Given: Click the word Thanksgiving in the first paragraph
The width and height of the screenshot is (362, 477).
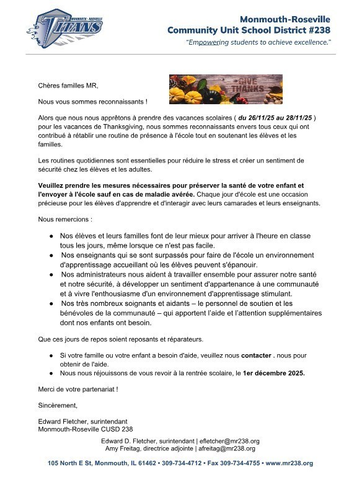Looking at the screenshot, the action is click(x=114, y=127).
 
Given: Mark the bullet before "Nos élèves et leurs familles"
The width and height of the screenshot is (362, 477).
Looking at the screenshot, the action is click(x=51, y=236).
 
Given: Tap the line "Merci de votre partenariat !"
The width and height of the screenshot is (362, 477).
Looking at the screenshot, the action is click(x=77, y=389).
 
